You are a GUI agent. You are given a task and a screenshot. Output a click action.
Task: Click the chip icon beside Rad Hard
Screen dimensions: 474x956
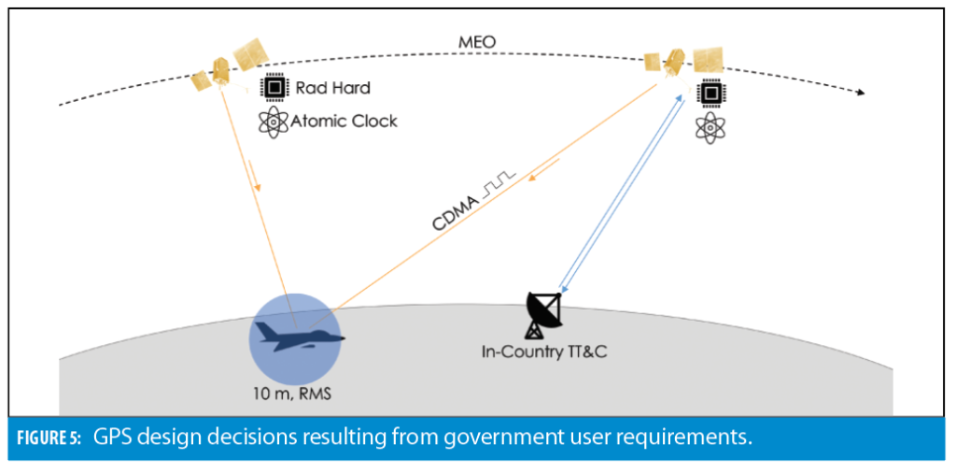click(273, 88)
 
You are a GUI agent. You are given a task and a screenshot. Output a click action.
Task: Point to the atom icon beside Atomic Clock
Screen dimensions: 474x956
click(273, 122)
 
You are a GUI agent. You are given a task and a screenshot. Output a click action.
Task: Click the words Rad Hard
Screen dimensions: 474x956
click(333, 88)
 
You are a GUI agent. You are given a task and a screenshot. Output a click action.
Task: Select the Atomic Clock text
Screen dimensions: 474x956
click(344, 121)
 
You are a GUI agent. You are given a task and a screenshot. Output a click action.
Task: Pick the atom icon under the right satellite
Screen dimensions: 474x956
click(709, 128)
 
